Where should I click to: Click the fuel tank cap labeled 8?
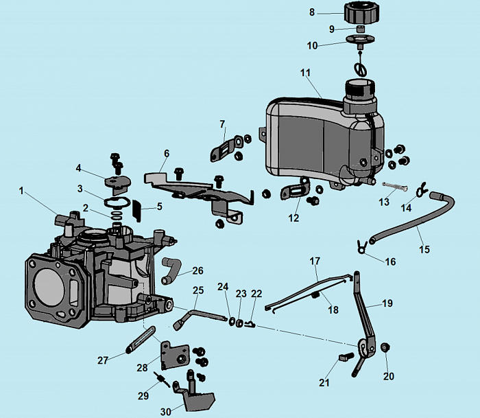(x=361, y=13)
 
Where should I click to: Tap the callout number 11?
(x=305, y=72)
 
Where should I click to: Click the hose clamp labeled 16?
(x=359, y=245)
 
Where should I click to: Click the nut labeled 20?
(x=385, y=347)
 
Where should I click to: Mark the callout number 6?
(x=165, y=153)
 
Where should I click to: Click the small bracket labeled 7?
(x=228, y=146)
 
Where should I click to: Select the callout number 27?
(x=102, y=360)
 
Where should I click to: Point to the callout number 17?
(x=315, y=262)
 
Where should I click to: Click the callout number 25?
(x=197, y=290)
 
